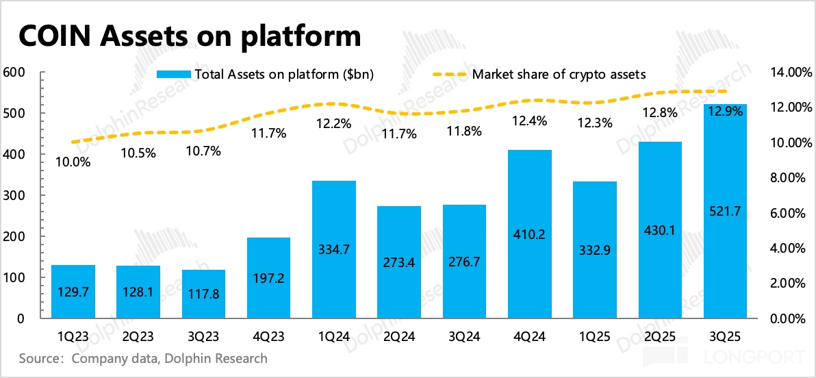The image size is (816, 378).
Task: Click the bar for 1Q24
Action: coord(334,250)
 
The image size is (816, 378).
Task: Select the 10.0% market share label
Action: coord(74,162)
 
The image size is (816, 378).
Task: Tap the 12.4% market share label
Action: coord(531,122)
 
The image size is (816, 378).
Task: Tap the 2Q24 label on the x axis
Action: coord(399,337)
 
